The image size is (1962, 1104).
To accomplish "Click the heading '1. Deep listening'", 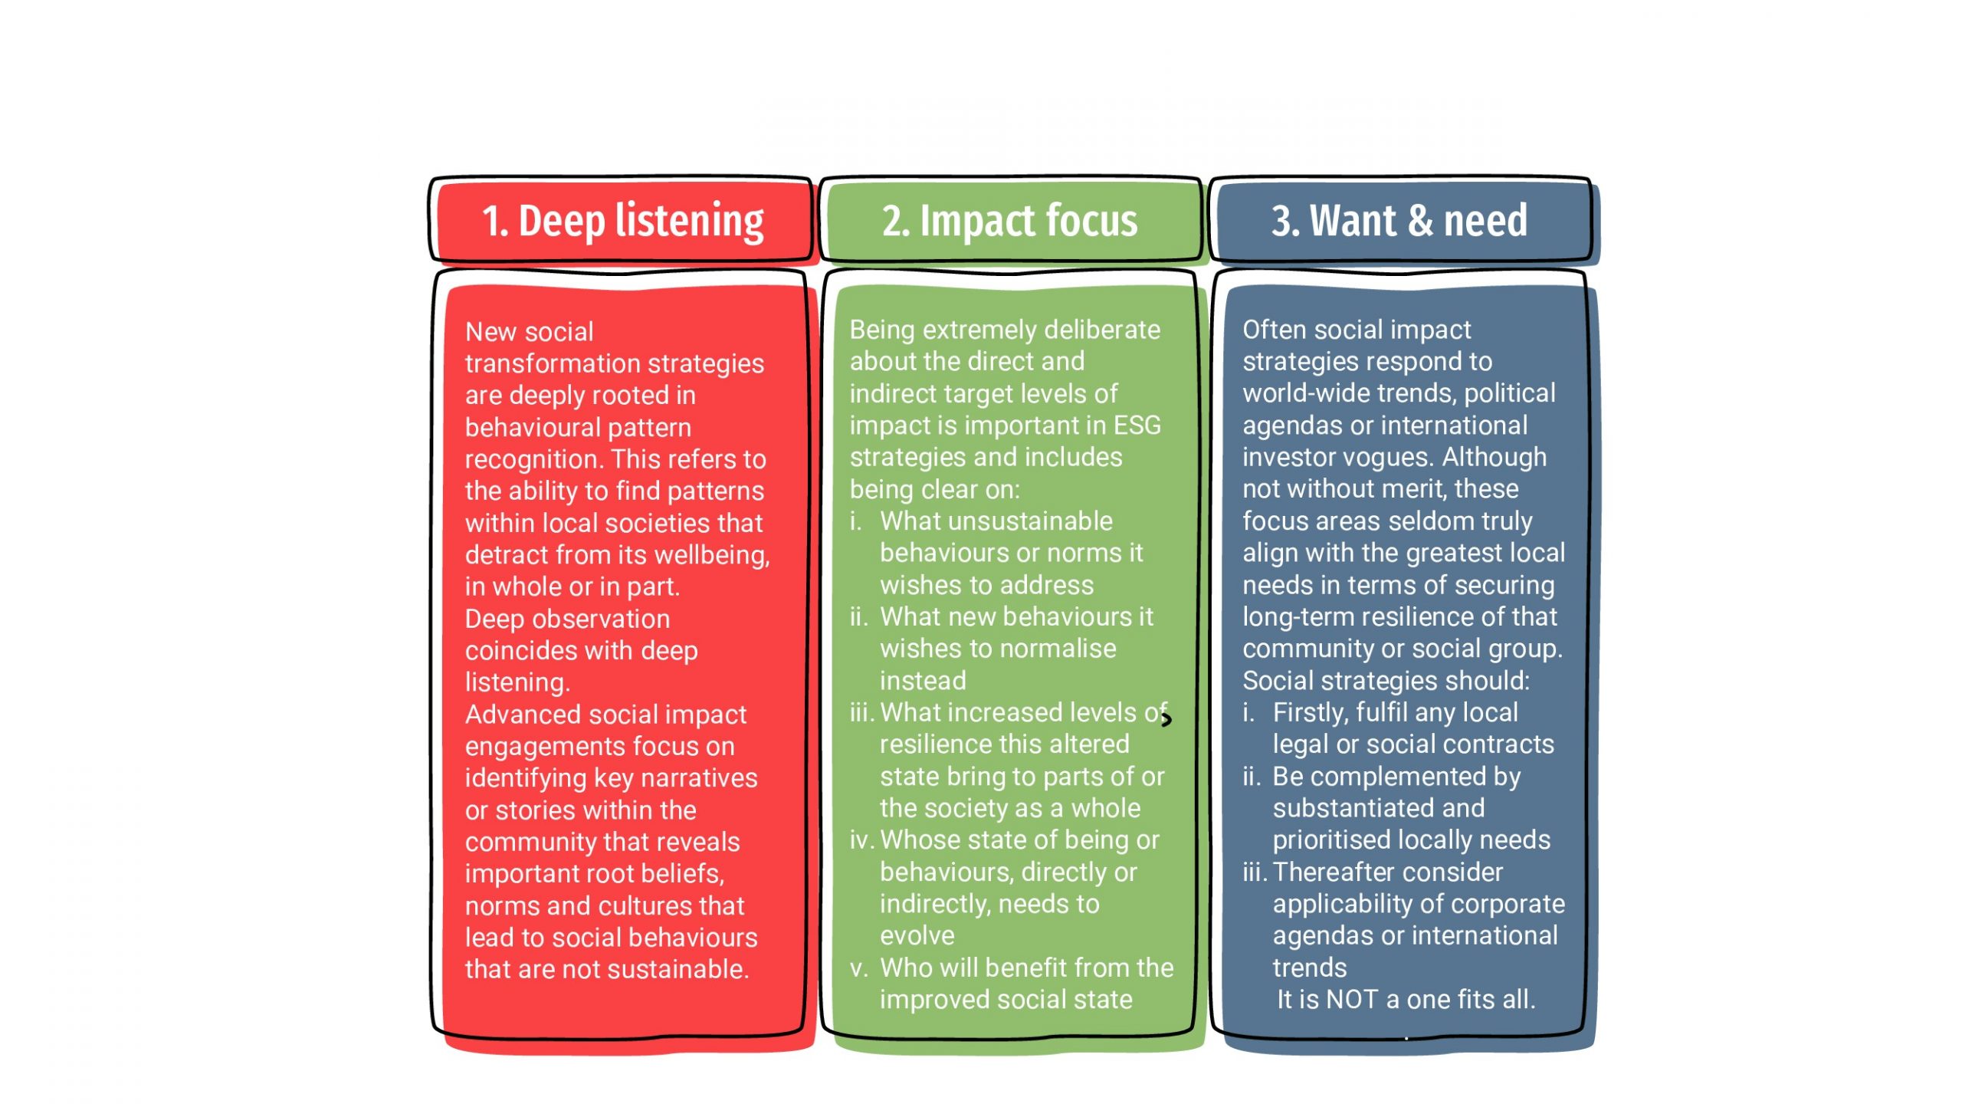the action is [x=622, y=221].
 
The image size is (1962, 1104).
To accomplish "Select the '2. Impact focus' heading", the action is [x=1009, y=221].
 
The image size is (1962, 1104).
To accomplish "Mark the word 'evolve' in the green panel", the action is [x=917, y=935].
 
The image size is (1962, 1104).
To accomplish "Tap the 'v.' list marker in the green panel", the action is [x=858, y=968].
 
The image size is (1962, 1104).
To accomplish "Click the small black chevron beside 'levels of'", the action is [x=1166, y=719].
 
